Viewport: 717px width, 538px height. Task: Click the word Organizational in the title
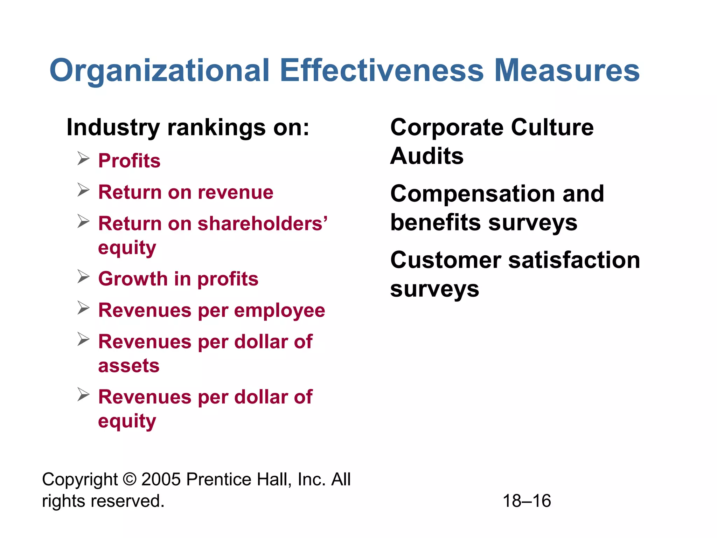[x=160, y=71]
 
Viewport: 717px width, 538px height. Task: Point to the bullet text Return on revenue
[x=186, y=192]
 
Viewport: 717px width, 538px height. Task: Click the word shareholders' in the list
[x=263, y=223]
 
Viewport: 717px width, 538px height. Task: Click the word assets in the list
[x=129, y=366]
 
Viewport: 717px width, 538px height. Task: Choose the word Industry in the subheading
[x=113, y=127]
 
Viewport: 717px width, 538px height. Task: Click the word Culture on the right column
[x=552, y=127]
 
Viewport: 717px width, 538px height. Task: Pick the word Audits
[x=427, y=156]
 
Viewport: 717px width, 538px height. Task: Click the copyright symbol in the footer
[x=130, y=479]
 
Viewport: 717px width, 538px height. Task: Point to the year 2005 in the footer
[x=161, y=479]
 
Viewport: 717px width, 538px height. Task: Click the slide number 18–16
[x=527, y=501]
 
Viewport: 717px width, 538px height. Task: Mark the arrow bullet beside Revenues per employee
[x=84, y=308]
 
